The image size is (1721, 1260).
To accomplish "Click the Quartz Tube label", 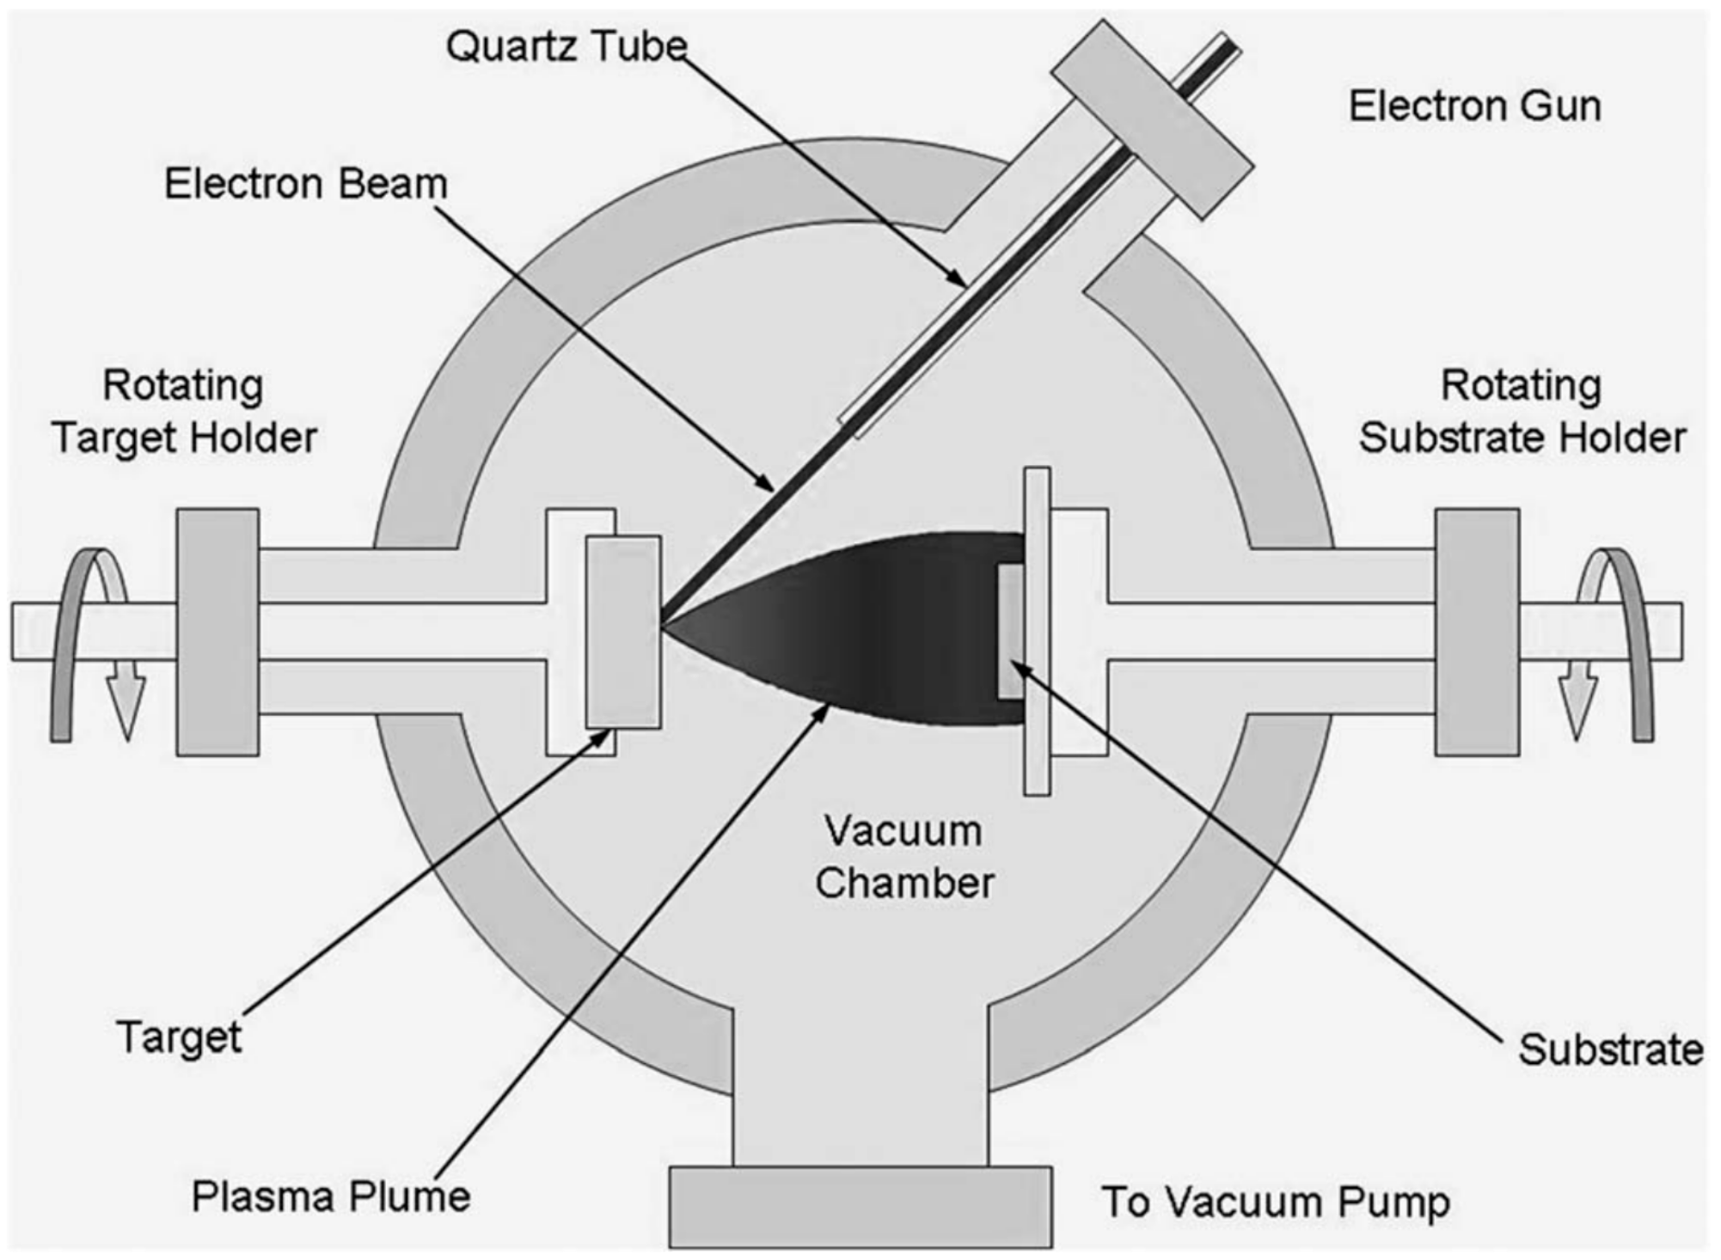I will click(x=567, y=46).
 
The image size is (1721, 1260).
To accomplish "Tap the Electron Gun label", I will click(x=1474, y=107).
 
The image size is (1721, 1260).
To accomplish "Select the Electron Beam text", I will click(x=306, y=184).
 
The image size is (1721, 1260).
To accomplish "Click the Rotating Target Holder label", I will click(x=184, y=412).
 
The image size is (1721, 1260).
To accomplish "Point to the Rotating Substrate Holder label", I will click(x=1522, y=412).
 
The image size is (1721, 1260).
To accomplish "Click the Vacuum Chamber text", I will click(x=904, y=857).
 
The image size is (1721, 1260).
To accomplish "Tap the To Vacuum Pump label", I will click(x=1276, y=1202).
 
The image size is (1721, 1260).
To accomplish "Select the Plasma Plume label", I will click(x=331, y=1196).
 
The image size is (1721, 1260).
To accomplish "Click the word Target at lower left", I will click(x=179, y=1037).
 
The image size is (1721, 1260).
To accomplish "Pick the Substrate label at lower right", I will click(x=1610, y=1049).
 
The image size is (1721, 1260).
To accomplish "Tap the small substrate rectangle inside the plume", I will click(x=1011, y=631).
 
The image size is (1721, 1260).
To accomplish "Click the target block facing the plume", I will click(x=623, y=632).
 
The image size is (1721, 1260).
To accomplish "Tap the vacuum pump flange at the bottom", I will click(x=860, y=1207).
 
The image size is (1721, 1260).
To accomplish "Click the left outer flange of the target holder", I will click(x=217, y=632).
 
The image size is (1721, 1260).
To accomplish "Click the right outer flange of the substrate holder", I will click(x=1477, y=632).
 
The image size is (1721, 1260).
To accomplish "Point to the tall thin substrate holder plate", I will click(x=1037, y=632).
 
